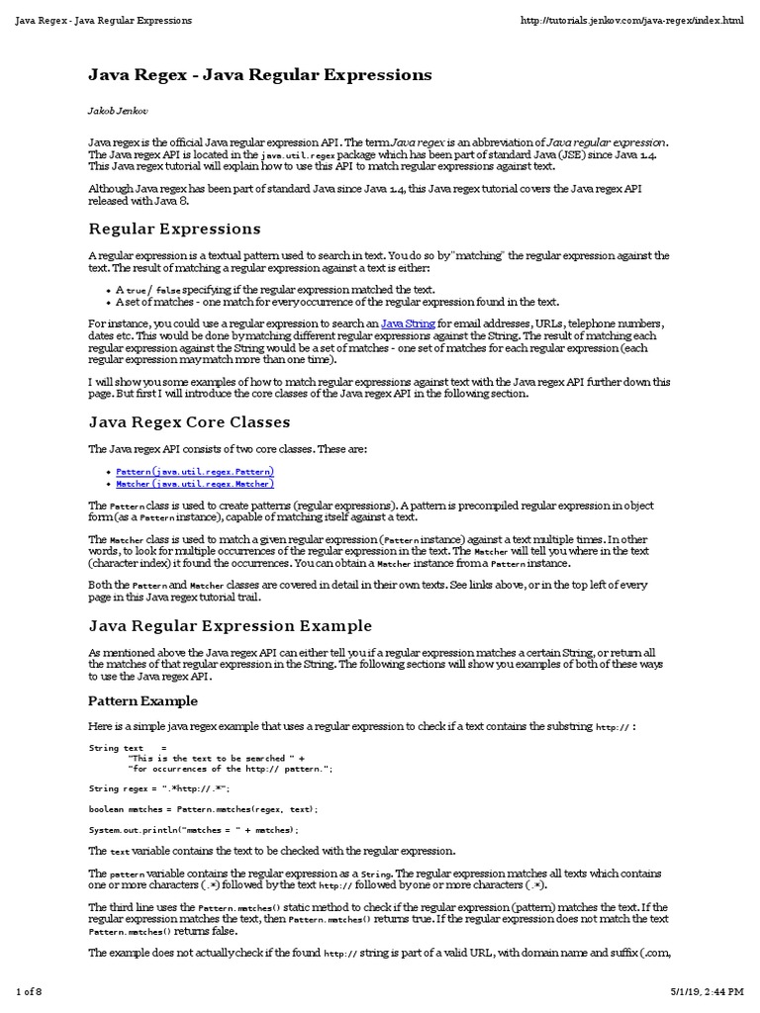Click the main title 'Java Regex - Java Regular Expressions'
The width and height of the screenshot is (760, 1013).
coord(260,74)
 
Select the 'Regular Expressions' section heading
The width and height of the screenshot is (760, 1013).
coord(174,229)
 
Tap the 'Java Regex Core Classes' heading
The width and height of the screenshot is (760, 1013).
coord(189,421)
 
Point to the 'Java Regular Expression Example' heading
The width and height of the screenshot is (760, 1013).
coord(230,625)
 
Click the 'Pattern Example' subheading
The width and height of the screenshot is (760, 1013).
coord(142,700)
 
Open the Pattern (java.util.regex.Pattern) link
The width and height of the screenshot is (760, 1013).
coord(195,472)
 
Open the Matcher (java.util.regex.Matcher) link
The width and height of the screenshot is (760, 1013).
coord(195,484)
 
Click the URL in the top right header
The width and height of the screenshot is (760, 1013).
coord(631,21)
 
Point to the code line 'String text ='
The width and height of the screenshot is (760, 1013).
coord(128,747)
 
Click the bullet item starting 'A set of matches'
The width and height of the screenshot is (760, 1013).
coord(337,302)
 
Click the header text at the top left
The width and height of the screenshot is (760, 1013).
coord(104,21)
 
